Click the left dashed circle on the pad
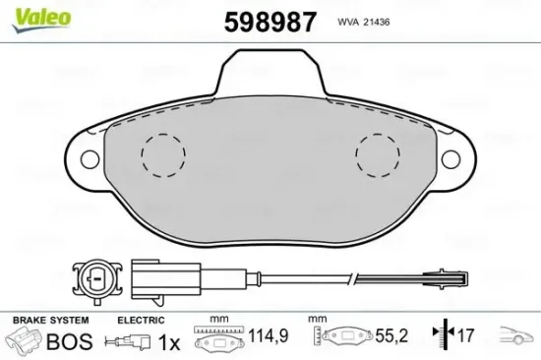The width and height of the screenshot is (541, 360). pos(163,154)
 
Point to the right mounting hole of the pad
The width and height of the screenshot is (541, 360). pos(453,158)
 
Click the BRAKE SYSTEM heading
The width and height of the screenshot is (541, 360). pos(49,321)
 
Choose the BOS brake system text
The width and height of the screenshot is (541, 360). pos(71,342)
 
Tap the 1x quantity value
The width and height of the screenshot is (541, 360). pos(169,342)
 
